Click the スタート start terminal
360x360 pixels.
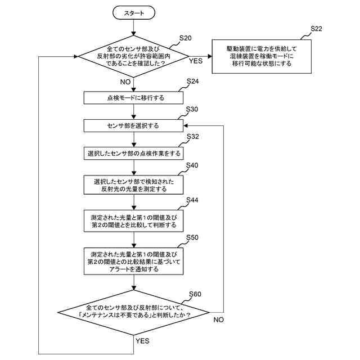134,12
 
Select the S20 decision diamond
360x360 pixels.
134,56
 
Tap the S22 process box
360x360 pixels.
261,56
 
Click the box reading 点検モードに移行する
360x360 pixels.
134,98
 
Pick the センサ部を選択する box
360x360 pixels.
134,125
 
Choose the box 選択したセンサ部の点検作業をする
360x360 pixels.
134,153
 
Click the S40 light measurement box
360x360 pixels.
134,186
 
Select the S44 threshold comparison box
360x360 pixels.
134,220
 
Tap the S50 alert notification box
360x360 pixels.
134,261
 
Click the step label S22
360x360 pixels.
317,29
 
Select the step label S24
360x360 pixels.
192,82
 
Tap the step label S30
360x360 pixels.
192,109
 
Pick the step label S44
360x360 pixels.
192,200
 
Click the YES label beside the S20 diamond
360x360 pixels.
196,61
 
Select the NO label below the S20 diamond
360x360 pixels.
124,82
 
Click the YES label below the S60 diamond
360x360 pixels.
143,341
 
